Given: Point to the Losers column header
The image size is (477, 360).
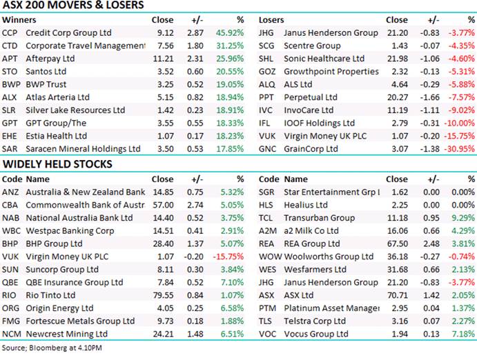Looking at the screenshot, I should click(x=272, y=20).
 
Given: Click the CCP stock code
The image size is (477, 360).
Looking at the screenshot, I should click(x=10, y=32).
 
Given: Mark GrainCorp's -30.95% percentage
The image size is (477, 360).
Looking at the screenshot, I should click(x=459, y=150).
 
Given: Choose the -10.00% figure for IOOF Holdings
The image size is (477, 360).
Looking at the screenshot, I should click(x=459, y=123).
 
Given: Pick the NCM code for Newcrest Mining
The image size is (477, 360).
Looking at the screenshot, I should click(x=11, y=334).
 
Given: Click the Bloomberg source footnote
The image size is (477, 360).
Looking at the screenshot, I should click(x=51, y=348).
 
